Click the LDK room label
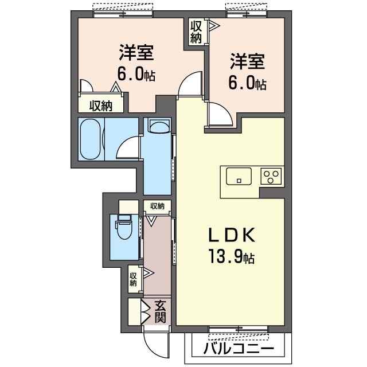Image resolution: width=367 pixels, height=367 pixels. point(232,235)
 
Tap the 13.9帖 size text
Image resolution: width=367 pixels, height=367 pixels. point(231,256)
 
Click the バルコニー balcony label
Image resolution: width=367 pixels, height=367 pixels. point(239,349)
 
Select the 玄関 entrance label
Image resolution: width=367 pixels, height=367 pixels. point(160,312)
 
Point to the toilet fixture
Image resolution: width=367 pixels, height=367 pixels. point(124,227)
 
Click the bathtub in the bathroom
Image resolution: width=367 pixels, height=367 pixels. point(91,139)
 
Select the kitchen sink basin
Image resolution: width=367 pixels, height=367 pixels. point(239,176)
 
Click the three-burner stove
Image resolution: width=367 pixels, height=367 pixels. point(271,176)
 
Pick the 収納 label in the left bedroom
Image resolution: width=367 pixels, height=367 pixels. point(101,106)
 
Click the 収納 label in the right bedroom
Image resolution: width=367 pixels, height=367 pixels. point(196,33)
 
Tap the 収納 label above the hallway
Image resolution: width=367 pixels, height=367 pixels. point(157,206)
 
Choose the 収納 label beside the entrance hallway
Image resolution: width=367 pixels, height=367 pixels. point(133,279)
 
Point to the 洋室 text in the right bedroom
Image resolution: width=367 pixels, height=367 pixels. point(247,61)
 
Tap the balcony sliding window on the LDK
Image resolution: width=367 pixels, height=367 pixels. point(239,329)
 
